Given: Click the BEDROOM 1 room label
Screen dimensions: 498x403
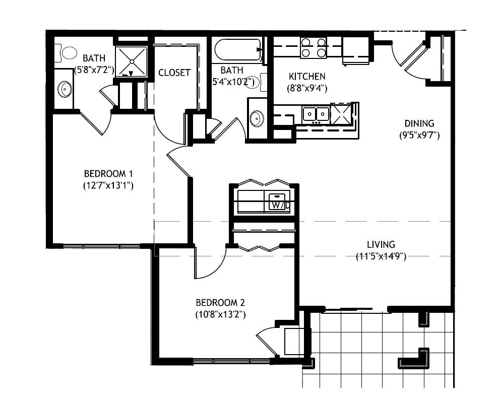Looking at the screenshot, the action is click(108, 174).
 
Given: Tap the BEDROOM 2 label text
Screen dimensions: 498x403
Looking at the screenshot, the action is click(220, 302).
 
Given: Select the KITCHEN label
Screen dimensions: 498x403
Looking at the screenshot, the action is click(307, 77).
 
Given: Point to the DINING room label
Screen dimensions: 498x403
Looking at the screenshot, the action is click(419, 123).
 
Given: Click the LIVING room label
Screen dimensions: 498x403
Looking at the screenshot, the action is click(381, 245).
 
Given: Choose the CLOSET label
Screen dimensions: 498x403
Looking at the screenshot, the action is click(174, 73).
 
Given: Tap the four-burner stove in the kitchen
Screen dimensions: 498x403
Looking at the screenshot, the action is click(314, 47).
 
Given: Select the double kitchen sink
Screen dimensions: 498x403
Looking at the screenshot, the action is click(316, 114).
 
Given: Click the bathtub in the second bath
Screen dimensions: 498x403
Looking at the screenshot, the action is click(238, 49).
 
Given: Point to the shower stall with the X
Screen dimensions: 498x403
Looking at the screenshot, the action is click(131, 61).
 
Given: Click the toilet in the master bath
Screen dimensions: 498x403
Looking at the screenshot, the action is click(66, 53).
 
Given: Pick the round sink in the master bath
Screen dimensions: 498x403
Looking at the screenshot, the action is click(65, 89).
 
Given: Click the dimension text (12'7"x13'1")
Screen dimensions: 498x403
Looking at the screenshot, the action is click(108, 185).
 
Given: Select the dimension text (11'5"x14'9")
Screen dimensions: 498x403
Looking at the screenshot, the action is click(381, 256).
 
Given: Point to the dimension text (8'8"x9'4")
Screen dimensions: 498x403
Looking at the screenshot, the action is click(307, 88).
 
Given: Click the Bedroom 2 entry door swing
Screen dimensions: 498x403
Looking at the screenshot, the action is click(210, 263).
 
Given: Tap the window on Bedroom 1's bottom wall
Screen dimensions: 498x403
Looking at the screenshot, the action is click(101, 246).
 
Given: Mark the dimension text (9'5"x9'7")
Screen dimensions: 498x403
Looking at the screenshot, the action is click(419, 136).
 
